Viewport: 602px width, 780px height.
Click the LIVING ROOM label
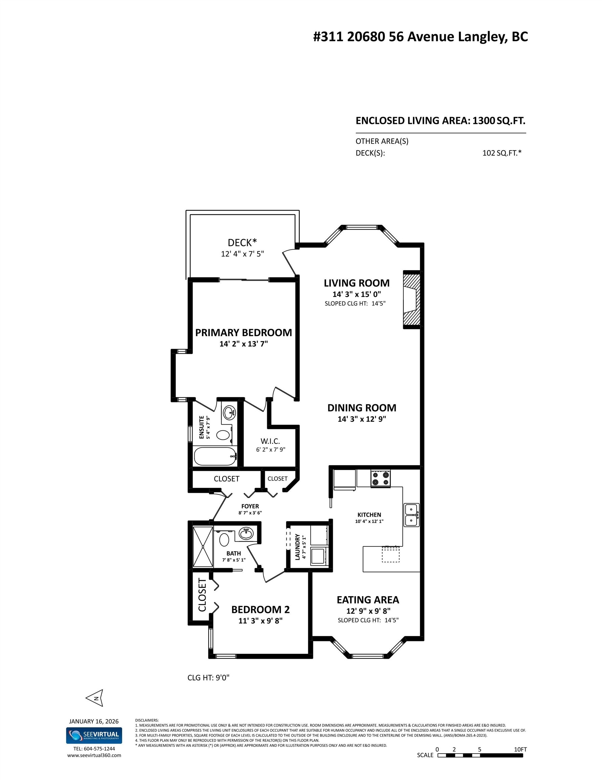(356, 283)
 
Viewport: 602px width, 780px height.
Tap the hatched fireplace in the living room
(411, 300)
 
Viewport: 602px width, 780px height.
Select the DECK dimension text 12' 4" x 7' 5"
(242, 254)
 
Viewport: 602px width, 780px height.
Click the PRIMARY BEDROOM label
(244, 332)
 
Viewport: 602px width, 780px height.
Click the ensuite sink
(229, 413)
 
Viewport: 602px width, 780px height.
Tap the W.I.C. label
(270, 441)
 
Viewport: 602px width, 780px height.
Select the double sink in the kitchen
(412, 515)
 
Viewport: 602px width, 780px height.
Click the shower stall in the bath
(203, 546)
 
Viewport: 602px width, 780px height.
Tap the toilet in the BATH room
(224, 540)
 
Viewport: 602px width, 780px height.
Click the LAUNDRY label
(297, 546)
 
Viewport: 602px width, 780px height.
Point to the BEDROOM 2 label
(260, 609)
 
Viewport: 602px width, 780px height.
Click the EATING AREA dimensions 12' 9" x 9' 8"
(368, 611)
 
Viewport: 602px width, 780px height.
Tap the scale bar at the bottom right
(480, 755)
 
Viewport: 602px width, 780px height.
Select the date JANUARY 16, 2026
(94, 721)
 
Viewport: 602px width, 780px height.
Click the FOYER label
(250, 506)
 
